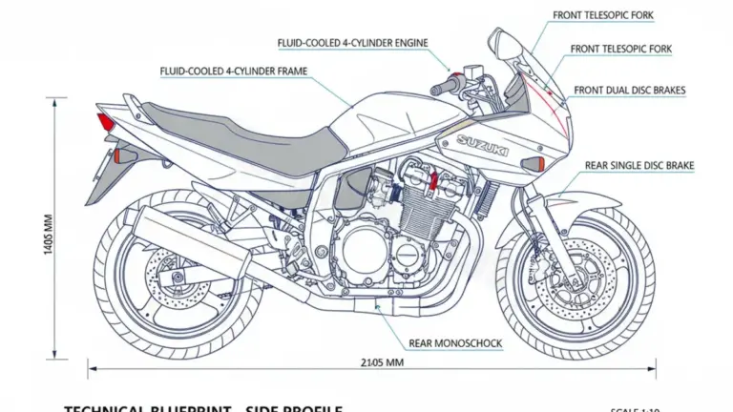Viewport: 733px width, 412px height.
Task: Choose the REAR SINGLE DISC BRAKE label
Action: [x=639, y=166]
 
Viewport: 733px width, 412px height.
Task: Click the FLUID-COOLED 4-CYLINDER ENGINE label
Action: [x=352, y=43]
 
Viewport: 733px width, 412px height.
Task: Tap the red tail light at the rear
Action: [x=104, y=122]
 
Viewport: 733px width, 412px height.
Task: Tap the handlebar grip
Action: [x=445, y=88]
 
